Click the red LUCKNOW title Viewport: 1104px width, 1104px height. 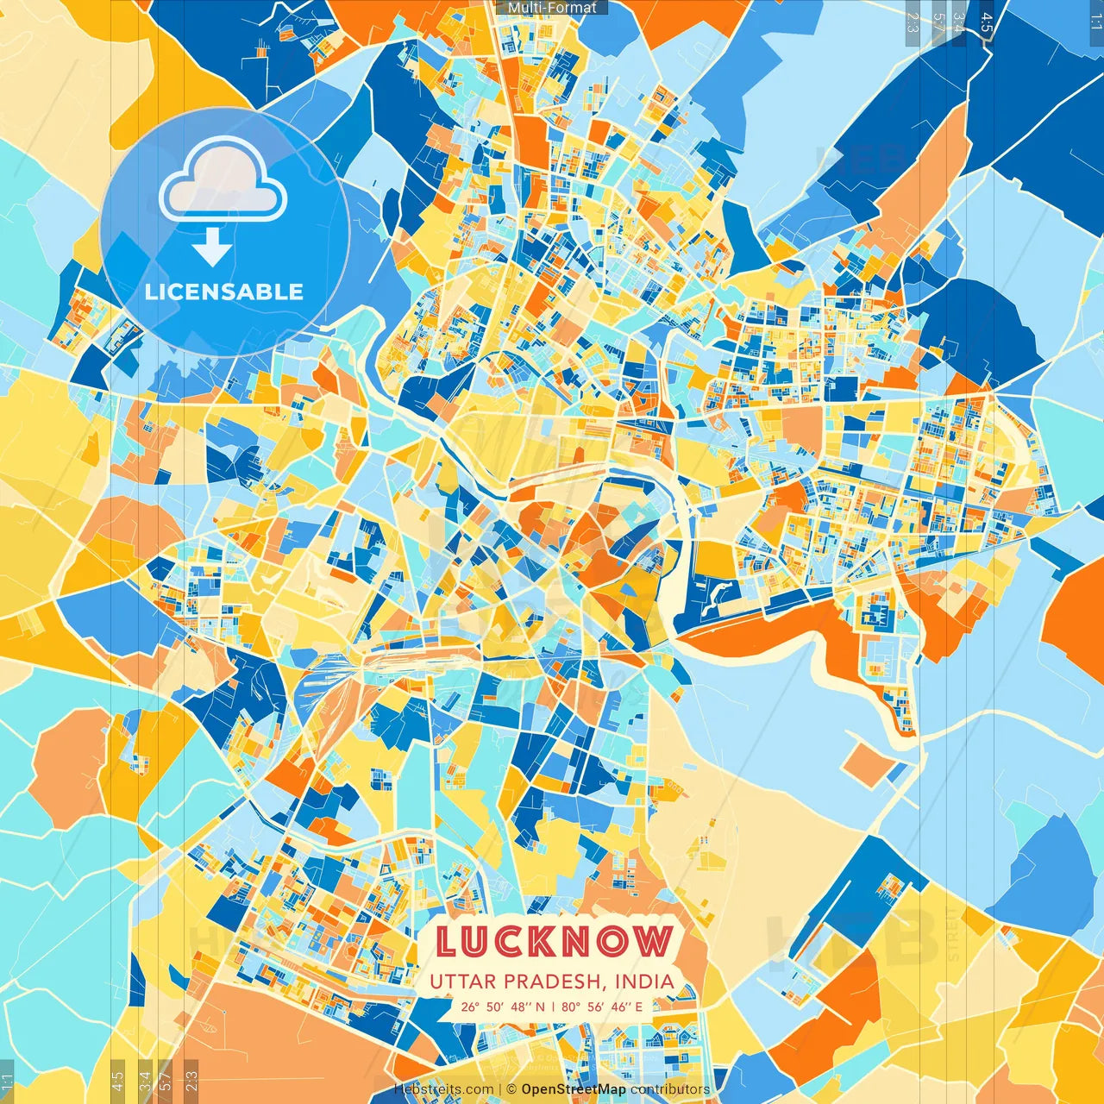pyautogui.click(x=553, y=941)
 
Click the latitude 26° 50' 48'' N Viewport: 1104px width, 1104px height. pyautogui.click(x=502, y=1006)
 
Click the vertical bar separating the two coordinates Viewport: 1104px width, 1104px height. pyautogui.click(x=553, y=1006)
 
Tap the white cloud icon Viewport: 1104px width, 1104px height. pyautogui.click(x=223, y=181)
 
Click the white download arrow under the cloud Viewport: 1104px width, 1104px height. pyautogui.click(x=212, y=246)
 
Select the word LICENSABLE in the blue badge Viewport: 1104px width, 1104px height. pyautogui.click(x=224, y=292)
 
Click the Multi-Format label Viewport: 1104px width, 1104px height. pyautogui.click(x=552, y=8)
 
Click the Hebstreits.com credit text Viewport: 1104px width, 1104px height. pyautogui.click(x=443, y=1089)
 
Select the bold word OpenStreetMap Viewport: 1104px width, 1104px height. pyautogui.click(x=574, y=1089)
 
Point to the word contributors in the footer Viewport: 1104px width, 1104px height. pyautogui.click(x=670, y=1089)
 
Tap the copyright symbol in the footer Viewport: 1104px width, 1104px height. pyautogui.click(x=511, y=1089)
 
